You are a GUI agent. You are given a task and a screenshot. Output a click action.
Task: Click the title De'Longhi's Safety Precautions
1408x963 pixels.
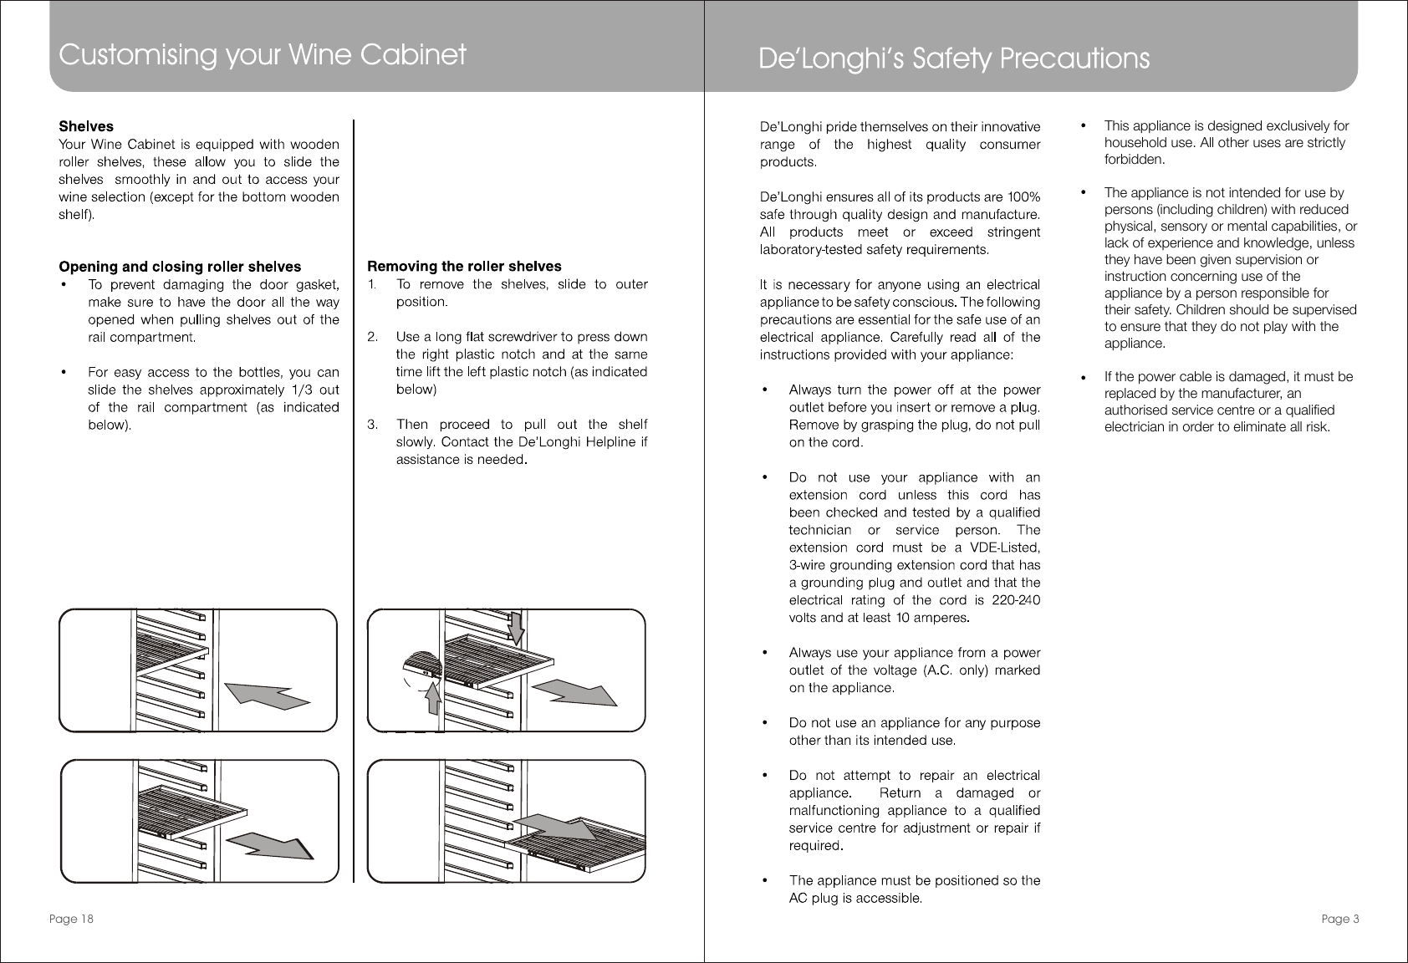(x=953, y=59)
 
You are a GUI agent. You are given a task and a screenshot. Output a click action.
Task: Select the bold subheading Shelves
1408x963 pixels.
(x=86, y=126)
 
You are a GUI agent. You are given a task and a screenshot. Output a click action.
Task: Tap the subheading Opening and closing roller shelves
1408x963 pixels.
(x=180, y=267)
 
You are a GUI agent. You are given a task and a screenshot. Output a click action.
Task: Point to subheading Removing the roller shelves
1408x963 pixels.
(x=465, y=266)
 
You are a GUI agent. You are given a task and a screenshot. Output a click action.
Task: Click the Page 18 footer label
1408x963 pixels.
(x=71, y=920)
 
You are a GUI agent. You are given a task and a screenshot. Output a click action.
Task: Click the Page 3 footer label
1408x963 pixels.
(x=1340, y=920)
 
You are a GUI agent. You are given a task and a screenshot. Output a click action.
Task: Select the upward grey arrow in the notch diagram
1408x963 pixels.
(x=433, y=698)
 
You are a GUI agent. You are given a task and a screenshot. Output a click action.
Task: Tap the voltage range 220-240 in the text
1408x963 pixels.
(x=1015, y=600)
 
